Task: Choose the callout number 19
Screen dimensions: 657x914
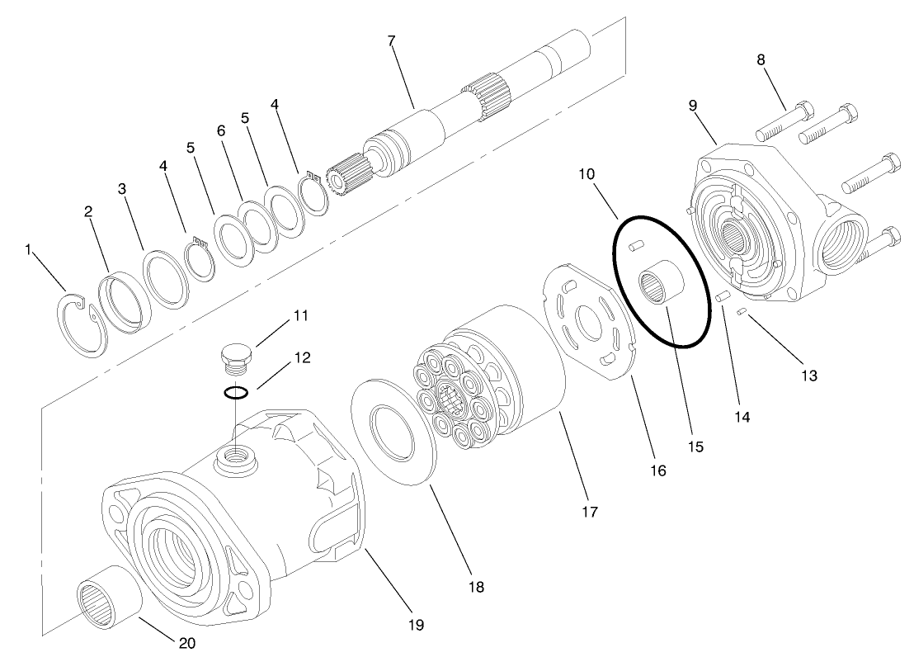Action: coord(416,625)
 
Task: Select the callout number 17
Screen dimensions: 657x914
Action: coord(589,512)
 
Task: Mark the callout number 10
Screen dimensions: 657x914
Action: coord(587,175)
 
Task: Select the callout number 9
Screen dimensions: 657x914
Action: coord(692,105)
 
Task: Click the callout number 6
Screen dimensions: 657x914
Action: coord(220,131)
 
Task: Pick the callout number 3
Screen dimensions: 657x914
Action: coord(121,189)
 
